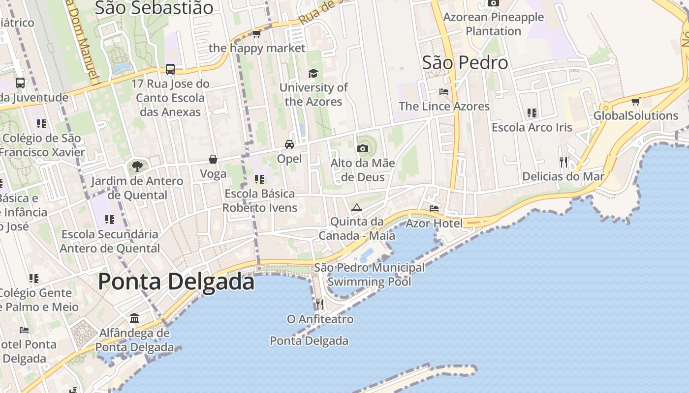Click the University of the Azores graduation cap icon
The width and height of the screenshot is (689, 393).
313,74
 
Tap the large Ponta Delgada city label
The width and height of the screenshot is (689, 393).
176,281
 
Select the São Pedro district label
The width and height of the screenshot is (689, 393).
465,63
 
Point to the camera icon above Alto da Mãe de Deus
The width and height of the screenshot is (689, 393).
363,148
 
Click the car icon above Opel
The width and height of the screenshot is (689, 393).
289,144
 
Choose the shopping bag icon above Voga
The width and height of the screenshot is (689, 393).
213,159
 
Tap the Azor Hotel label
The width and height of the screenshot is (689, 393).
434,224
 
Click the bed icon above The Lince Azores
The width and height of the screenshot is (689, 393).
443,92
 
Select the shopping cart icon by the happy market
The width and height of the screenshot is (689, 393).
256,34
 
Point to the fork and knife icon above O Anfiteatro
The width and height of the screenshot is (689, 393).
320,305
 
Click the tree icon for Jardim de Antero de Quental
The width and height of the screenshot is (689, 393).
136,167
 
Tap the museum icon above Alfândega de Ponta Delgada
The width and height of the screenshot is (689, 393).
134,318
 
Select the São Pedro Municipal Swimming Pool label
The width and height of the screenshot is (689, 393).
369,275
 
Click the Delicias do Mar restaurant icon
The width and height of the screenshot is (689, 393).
564,162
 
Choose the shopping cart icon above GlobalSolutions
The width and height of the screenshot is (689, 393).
635,102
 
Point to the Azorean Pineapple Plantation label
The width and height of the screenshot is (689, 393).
493,24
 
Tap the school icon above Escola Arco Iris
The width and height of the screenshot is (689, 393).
532,113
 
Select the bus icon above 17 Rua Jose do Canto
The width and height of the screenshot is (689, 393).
170,69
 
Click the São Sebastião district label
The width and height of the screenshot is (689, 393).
154,8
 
